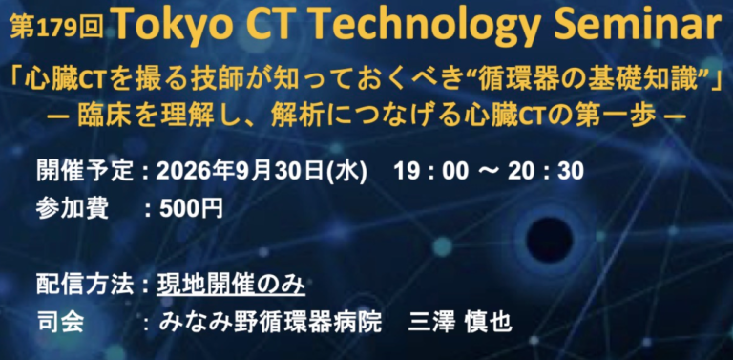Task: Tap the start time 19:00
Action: [x=430, y=172]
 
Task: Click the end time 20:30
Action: [x=546, y=172]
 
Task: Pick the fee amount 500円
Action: [x=191, y=210]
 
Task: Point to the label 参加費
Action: [x=73, y=210]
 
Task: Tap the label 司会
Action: [x=60, y=323]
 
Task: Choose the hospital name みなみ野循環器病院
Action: [x=270, y=323]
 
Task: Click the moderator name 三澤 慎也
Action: [x=460, y=323]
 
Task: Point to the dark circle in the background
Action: [x=549, y=240]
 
